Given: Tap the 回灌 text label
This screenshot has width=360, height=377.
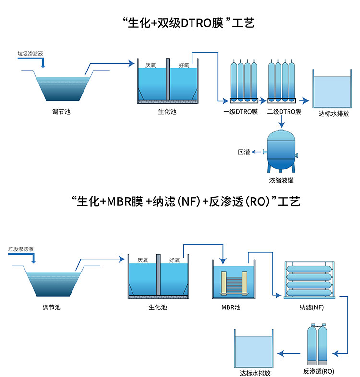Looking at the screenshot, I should point(244,153).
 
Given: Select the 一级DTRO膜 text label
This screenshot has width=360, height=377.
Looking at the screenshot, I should point(240,112).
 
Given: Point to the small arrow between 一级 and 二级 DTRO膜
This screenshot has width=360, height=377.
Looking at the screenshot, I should point(262,101).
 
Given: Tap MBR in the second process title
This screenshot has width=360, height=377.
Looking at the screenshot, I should point(117,202).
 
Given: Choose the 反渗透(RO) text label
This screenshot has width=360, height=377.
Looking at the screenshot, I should point(319,371).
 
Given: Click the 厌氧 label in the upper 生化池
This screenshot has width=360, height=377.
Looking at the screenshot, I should point(150,65).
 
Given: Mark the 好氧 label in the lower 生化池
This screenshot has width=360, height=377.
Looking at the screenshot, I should point(174,260).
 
